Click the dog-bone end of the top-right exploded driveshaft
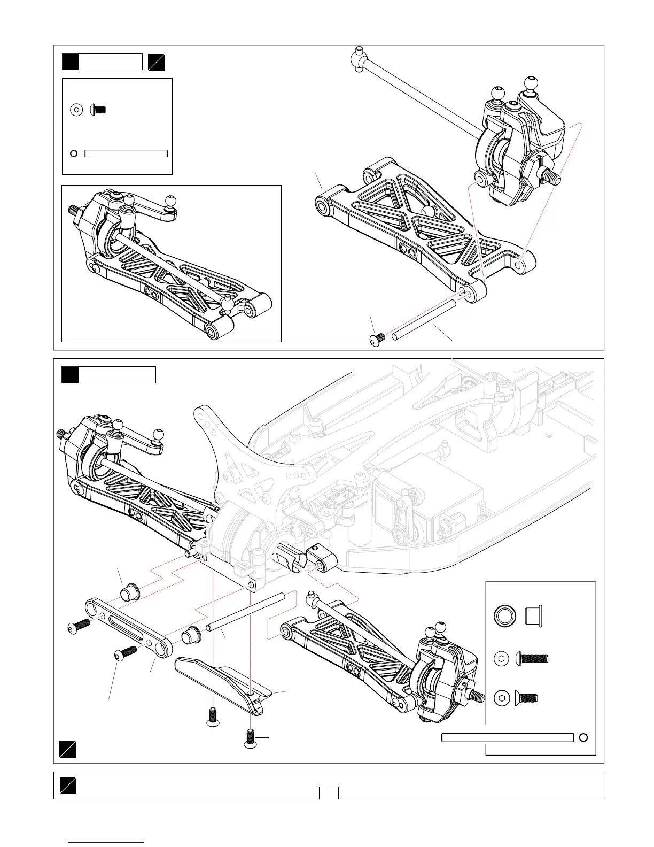359,58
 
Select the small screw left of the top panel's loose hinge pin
378,337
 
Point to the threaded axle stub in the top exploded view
551,174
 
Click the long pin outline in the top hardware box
126,153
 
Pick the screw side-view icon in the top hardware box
98,110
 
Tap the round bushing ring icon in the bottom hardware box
504,615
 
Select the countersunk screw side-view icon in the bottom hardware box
527,697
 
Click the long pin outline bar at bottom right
508,737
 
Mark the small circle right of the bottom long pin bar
583,737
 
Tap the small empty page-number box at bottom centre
329,792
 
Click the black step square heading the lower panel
70,375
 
